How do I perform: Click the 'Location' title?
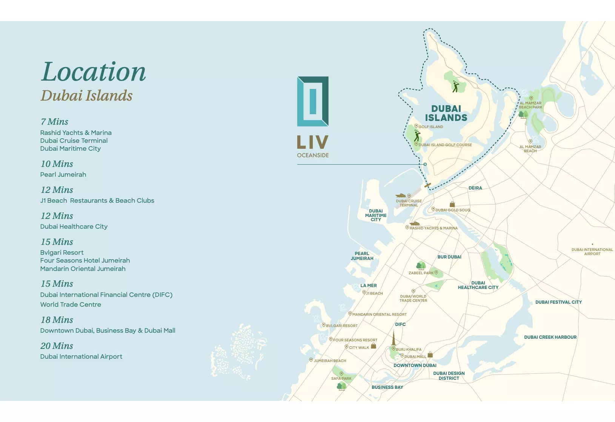93,72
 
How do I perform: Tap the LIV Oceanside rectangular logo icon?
313,101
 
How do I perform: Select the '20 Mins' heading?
57,346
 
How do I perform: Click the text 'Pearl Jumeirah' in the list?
63,174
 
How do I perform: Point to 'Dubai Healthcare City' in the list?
74,226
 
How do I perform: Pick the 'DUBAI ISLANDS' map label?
446,113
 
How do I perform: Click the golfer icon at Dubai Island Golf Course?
417,136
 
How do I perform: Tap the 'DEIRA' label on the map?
475,188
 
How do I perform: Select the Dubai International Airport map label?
592,251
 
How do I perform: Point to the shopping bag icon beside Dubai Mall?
430,355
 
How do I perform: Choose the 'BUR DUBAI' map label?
449,257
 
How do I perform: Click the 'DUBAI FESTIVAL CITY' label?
558,302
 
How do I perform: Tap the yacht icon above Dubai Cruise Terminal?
400,196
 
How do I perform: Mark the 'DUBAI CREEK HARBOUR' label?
550,337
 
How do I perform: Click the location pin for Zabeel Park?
436,272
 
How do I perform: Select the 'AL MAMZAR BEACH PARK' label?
530,105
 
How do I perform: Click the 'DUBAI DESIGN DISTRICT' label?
449,376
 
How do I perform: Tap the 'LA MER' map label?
368,285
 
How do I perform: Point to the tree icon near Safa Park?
341,385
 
